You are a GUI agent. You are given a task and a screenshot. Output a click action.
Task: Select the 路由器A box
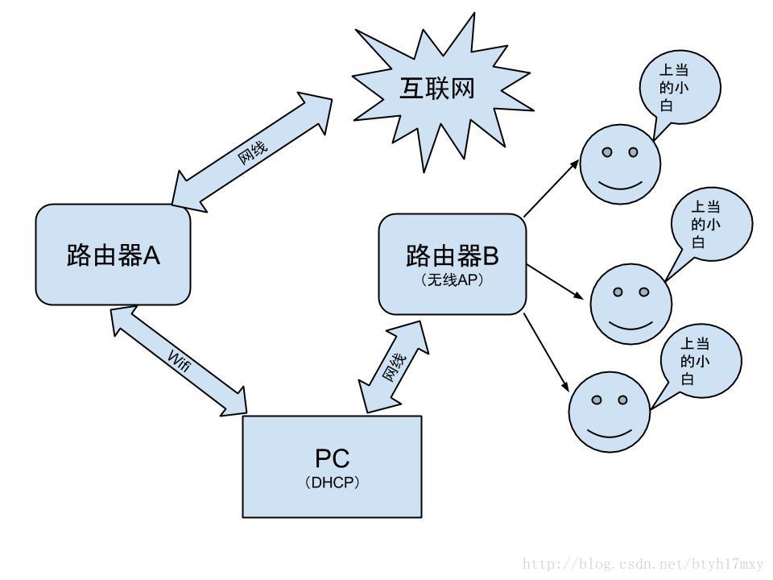(x=114, y=255)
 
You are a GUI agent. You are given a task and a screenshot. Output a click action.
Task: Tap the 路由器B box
(x=452, y=263)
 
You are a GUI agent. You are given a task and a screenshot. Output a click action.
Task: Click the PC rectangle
(x=332, y=466)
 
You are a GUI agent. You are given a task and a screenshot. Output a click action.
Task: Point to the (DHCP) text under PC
(x=332, y=483)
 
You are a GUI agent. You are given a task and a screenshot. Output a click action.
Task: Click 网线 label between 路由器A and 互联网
(x=252, y=150)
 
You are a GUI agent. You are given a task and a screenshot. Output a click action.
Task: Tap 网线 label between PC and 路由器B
(x=392, y=367)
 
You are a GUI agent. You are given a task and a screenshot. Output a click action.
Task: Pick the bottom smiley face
(x=609, y=412)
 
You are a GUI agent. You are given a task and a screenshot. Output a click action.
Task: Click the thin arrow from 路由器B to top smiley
(x=552, y=187)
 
